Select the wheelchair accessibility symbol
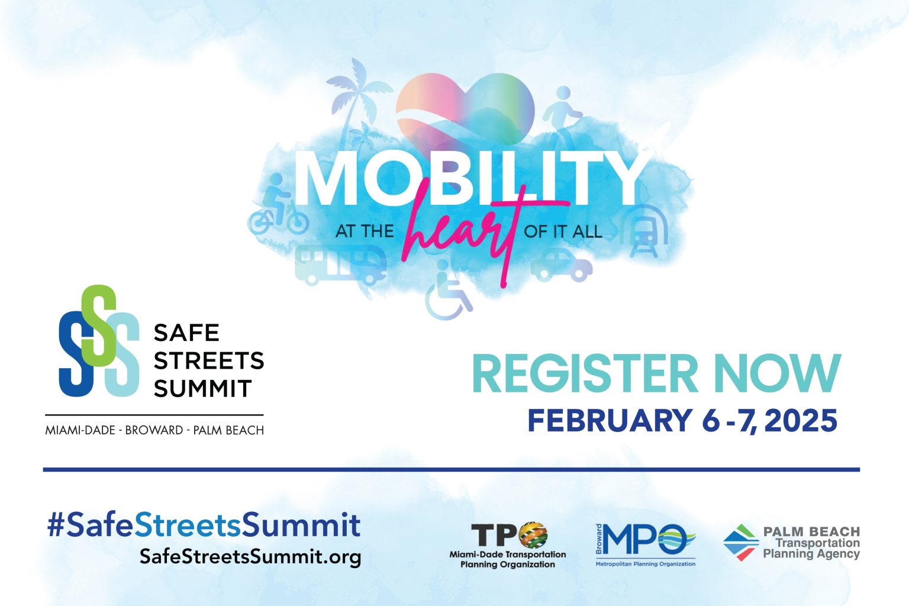click(x=448, y=289)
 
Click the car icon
click(x=562, y=265)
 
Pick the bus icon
click(x=340, y=265)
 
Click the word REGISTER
click(x=585, y=373)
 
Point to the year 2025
click(x=802, y=421)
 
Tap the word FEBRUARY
click(x=610, y=421)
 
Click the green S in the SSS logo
click(x=99, y=325)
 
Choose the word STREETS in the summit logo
click(x=209, y=360)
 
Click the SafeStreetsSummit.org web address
click(x=250, y=556)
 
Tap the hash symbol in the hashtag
click(x=56, y=525)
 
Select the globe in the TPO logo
click(x=533, y=535)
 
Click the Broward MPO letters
click(x=644, y=539)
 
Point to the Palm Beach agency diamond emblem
click(x=741, y=542)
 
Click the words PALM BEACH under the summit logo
click(x=228, y=430)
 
